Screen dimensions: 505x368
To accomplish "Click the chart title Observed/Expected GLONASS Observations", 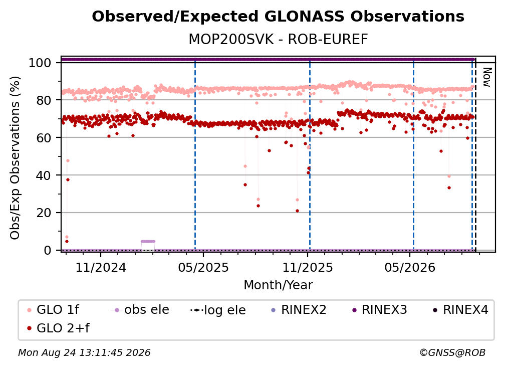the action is (278, 17).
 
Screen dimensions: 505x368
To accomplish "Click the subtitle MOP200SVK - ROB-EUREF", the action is (278, 40).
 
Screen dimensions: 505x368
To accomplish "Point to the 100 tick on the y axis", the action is (40, 63).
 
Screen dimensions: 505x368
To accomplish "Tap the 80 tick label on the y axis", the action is (44, 100).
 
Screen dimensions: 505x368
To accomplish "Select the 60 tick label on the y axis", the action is (44, 137).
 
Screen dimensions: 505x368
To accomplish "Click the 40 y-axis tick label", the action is (44, 175).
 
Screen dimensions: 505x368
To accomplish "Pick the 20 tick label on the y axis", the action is (44, 213).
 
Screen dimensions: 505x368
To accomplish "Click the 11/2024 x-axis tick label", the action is (101, 267).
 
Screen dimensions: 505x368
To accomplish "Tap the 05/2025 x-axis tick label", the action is (203, 267).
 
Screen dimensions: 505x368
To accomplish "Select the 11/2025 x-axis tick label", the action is (308, 267).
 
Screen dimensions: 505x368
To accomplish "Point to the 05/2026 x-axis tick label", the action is (410, 267).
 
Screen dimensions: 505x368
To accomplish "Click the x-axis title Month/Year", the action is (278, 285).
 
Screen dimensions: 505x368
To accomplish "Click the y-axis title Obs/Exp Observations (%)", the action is (15, 158).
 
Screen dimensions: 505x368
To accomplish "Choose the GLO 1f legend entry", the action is (54, 310).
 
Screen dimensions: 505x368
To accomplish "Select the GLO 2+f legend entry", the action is (59, 328).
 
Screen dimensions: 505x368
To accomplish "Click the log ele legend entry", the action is (218, 310).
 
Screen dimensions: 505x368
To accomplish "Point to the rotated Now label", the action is (487, 77).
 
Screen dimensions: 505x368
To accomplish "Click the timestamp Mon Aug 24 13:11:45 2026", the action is (84, 353).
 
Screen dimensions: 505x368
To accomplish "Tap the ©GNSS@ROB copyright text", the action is (452, 353).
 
